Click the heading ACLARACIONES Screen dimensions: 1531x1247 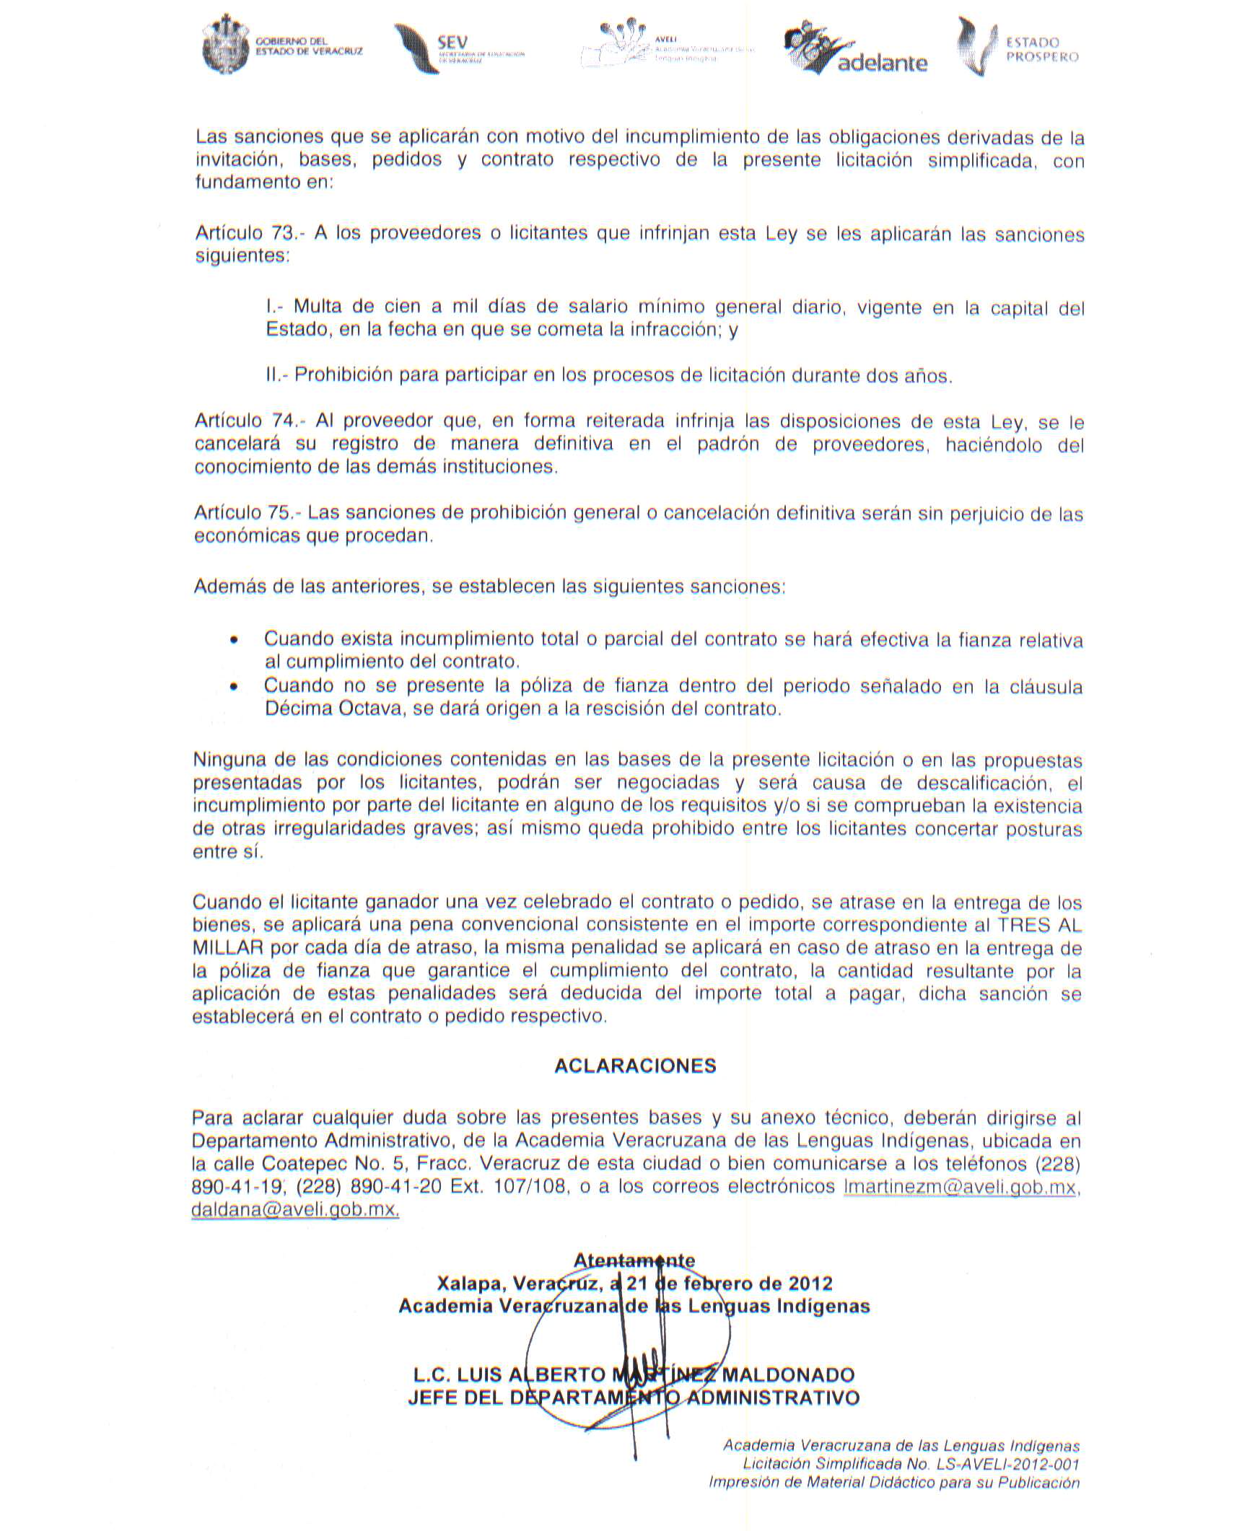coord(635,1066)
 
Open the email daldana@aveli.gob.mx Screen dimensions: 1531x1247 coord(295,1210)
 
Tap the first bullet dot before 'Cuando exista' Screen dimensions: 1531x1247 coord(232,641)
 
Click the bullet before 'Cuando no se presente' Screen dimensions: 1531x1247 coord(232,687)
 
